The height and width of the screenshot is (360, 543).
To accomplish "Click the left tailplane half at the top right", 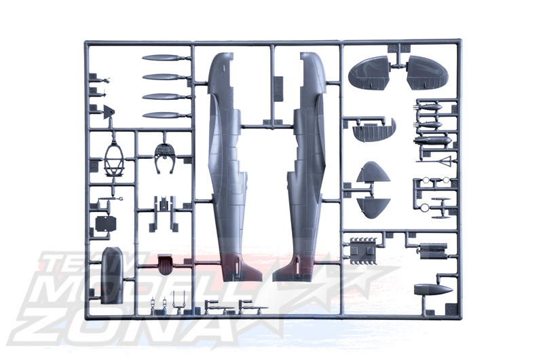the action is [x=369, y=73].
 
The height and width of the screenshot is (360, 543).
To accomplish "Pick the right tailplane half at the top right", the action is [x=427, y=73].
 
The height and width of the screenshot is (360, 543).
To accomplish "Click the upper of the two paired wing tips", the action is [x=373, y=173].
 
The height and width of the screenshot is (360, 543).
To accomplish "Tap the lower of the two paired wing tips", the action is [x=373, y=208].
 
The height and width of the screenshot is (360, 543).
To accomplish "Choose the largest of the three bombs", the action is [x=433, y=141].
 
